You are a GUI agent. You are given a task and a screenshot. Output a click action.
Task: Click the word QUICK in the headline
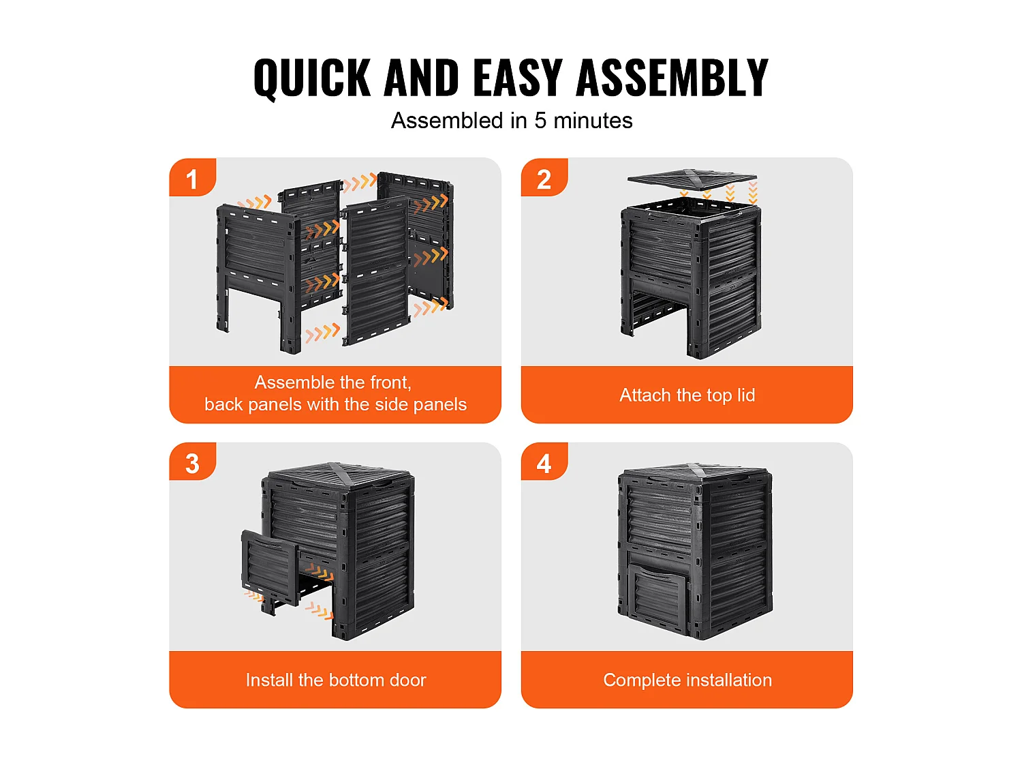pos(312,78)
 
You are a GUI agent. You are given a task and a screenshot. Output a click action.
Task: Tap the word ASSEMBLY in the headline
pos(672,78)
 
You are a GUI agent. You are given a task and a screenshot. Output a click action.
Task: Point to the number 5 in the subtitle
pos(540,121)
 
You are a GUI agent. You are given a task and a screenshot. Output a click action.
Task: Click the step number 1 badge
pos(192,177)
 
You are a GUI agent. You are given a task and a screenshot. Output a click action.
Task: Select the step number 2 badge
pos(544,177)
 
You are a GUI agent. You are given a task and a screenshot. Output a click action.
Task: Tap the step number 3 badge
pos(192,461)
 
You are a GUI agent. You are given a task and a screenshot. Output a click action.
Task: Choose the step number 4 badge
pos(544,461)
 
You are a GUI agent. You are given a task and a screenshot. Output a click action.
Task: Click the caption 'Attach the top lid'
pos(687,395)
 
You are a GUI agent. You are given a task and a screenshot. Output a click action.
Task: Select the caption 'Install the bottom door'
pos(336,680)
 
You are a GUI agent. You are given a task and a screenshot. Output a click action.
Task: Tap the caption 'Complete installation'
pos(687,680)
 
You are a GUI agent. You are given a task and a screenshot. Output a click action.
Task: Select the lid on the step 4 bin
pos(695,472)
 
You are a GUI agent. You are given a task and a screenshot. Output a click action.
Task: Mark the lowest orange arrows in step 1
pos(323,333)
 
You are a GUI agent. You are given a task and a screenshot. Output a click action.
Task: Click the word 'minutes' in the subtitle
pos(593,121)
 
